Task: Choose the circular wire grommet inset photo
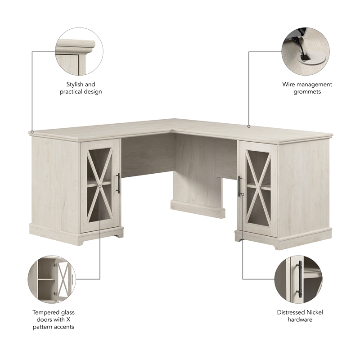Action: tap(306, 51)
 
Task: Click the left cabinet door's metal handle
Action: tap(118, 184)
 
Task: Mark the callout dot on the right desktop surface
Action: tap(248, 126)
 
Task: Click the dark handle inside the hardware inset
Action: tap(299, 279)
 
